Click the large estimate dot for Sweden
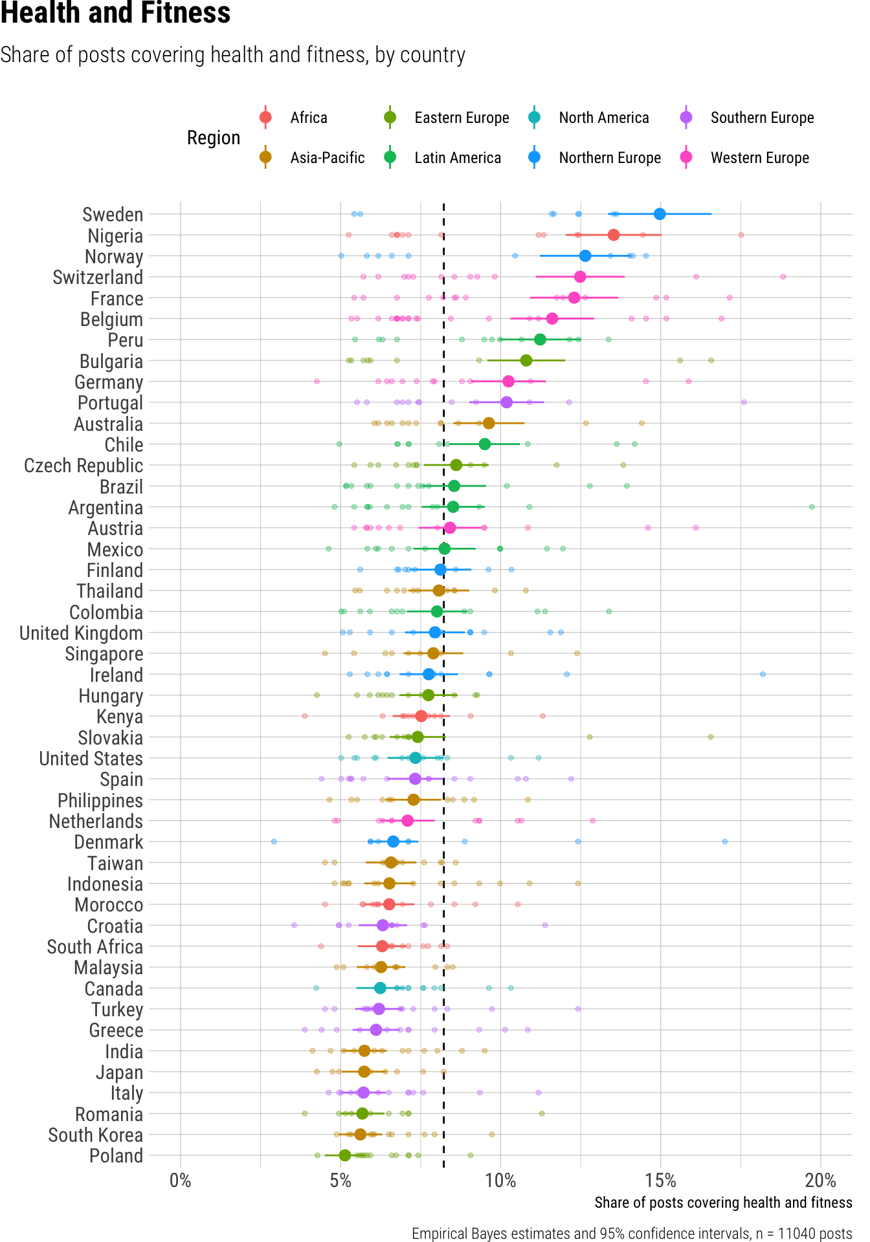[x=660, y=214]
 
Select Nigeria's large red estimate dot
[x=614, y=235]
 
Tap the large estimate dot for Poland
[x=345, y=1155]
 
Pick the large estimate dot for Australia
[x=489, y=423]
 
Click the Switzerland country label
[x=98, y=278]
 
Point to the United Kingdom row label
[x=81, y=633]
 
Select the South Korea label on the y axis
[x=95, y=1135]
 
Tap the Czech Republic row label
[x=84, y=466]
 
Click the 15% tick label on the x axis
[x=660, y=1181]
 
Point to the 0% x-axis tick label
[x=181, y=1181]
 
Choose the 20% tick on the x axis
[x=820, y=1181]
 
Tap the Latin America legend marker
[x=390, y=158]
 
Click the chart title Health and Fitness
[x=115, y=13]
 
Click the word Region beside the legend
[x=214, y=138]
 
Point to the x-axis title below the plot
[x=723, y=1203]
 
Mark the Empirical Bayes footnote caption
[x=632, y=1233]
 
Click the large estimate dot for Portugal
[x=506, y=402]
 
